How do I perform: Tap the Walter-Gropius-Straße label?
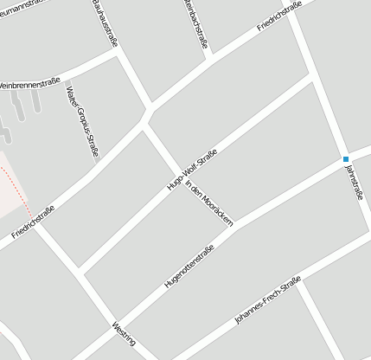(x=82, y=119)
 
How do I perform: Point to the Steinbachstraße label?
(x=197, y=23)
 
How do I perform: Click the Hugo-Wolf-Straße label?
(x=191, y=170)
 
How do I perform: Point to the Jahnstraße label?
(x=353, y=182)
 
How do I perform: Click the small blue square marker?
(x=345, y=159)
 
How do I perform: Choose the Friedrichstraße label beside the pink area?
(x=34, y=222)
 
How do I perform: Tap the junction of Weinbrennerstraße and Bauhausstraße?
(x=118, y=51)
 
